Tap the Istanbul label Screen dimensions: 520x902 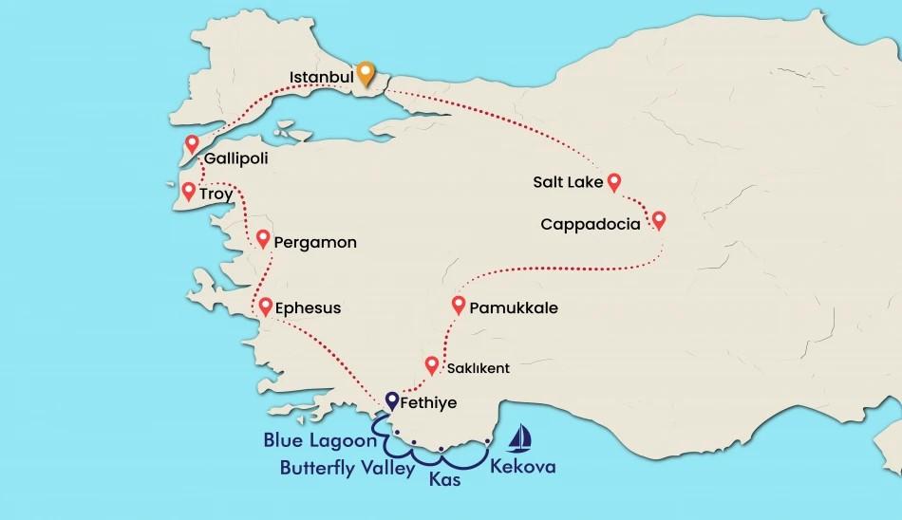pyautogui.click(x=322, y=75)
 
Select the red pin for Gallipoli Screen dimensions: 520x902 pyautogui.click(x=193, y=144)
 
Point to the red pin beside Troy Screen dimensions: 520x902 pyautogui.click(x=188, y=191)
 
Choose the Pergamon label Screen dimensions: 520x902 pyautogui.click(x=314, y=243)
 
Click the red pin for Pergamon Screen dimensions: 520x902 pyautogui.click(x=263, y=238)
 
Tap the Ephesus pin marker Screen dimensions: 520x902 pyautogui.click(x=265, y=306)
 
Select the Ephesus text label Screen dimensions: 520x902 pyautogui.click(x=307, y=308)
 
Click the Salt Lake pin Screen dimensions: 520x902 pyautogui.click(x=614, y=180)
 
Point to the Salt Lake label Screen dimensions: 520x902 pyautogui.click(x=568, y=182)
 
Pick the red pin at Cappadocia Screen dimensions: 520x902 pyautogui.click(x=659, y=220)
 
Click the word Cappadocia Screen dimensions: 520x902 pyautogui.click(x=589, y=225)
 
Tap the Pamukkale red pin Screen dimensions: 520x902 pyautogui.click(x=460, y=305)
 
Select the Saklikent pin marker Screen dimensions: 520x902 pyautogui.click(x=432, y=364)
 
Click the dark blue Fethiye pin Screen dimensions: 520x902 pyautogui.click(x=392, y=400)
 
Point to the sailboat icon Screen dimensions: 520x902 pyautogui.click(x=519, y=436)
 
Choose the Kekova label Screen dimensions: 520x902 pyautogui.click(x=522, y=467)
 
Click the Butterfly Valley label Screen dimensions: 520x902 pyautogui.click(x=348, y=467)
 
